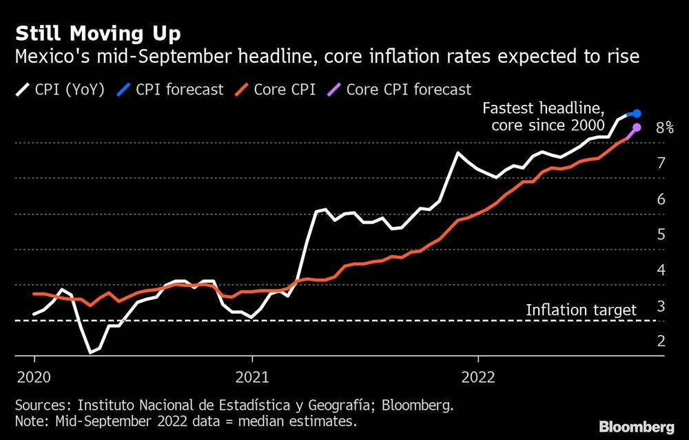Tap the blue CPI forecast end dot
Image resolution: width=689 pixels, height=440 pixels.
(637, 113)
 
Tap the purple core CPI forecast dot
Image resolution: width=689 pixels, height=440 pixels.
(637, 128)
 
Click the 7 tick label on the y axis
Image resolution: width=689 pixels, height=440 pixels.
(661, 163)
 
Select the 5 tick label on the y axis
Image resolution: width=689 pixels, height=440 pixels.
(661, 234)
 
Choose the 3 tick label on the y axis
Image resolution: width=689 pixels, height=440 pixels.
(661, 306)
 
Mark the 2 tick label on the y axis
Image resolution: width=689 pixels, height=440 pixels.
(661, 341)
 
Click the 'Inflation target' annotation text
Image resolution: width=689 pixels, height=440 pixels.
(581, 310)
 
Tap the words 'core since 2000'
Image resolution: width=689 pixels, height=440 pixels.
(548, 125)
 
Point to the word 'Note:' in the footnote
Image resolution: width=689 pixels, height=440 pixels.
(32, 421)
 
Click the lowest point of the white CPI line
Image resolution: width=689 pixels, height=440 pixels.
(90, 352)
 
